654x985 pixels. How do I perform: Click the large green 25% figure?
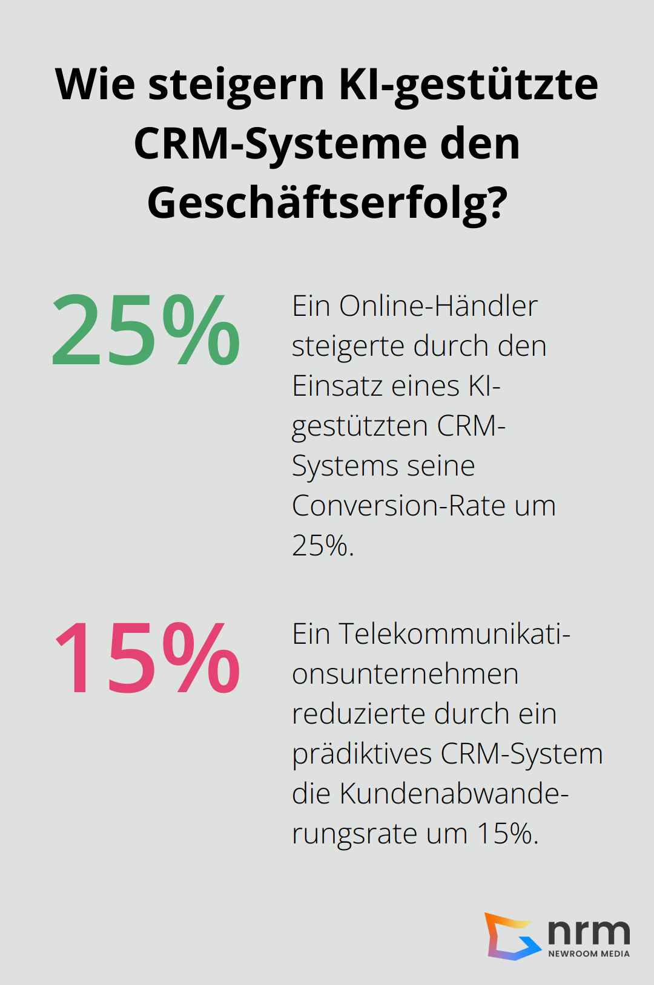146,330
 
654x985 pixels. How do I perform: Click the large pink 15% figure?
147,658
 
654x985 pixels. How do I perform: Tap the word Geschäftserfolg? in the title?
327,203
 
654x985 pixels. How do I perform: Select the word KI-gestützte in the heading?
468,85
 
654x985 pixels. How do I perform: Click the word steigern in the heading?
236,85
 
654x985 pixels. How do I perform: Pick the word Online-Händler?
438,306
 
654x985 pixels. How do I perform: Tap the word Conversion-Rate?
398,506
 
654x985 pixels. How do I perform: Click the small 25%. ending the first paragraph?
323,546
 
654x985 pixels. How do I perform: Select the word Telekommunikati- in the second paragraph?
454,634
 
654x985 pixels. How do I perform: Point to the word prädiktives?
362,754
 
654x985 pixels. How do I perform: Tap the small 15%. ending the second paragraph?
507,834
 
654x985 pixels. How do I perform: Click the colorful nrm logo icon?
512,937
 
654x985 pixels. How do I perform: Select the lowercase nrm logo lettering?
589,932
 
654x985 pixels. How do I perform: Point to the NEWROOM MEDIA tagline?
589,954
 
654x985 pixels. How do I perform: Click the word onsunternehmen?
405,674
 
